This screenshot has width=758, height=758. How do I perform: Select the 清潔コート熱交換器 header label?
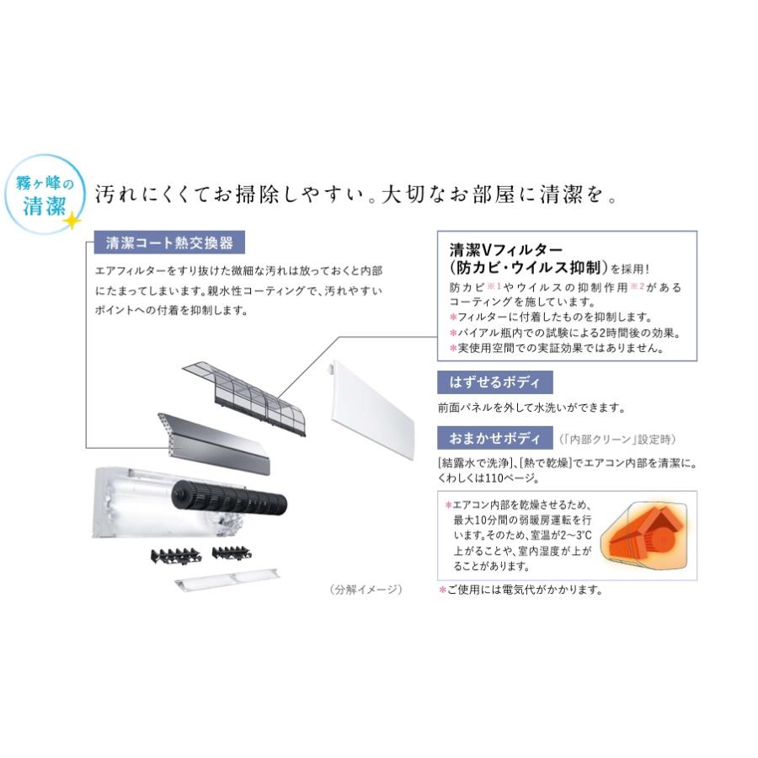(164, 243)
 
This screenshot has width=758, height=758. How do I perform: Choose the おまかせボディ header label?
(494, 438)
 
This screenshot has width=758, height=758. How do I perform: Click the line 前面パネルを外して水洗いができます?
(531, 408)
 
